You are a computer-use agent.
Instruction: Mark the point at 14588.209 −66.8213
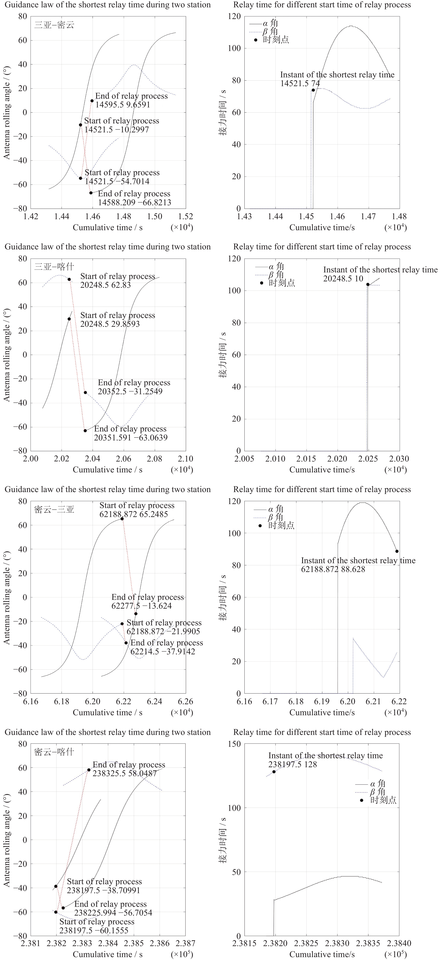[91, 193]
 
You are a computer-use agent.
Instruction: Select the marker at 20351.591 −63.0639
[85, 430]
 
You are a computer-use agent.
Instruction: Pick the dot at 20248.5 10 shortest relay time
[368, 284]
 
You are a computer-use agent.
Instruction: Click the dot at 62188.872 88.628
[397, 551]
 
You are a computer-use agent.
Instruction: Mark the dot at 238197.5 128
[274, 772]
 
